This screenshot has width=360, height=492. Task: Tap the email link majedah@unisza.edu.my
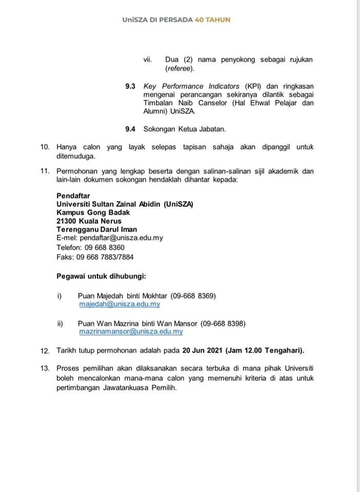(x=119, y=304)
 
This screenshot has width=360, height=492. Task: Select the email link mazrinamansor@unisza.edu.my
(x=131, y=332)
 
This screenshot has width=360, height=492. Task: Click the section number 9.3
(x=130, y=86)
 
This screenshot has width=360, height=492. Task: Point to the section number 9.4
(x=130, y=129)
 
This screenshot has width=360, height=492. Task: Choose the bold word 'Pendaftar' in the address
(x=73, y=196)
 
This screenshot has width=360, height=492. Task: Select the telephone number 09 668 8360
(x=105, y=247)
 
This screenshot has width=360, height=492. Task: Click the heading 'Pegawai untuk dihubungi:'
(x=101, y=277)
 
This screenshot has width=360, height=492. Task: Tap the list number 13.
(x=45, y=368)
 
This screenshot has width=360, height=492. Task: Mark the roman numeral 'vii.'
(x=148, y=60)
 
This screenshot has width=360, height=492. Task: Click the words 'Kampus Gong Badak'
(x=93, y=213)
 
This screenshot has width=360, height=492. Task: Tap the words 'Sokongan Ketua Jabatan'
(x=185, y=129)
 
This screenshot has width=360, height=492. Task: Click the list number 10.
(x=45, y=147)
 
